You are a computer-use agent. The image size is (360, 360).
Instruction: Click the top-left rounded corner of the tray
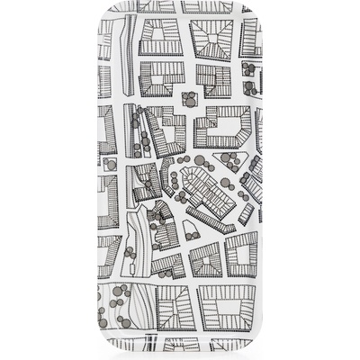(102, 6)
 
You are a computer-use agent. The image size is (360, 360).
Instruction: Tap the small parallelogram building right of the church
(246, 214)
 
